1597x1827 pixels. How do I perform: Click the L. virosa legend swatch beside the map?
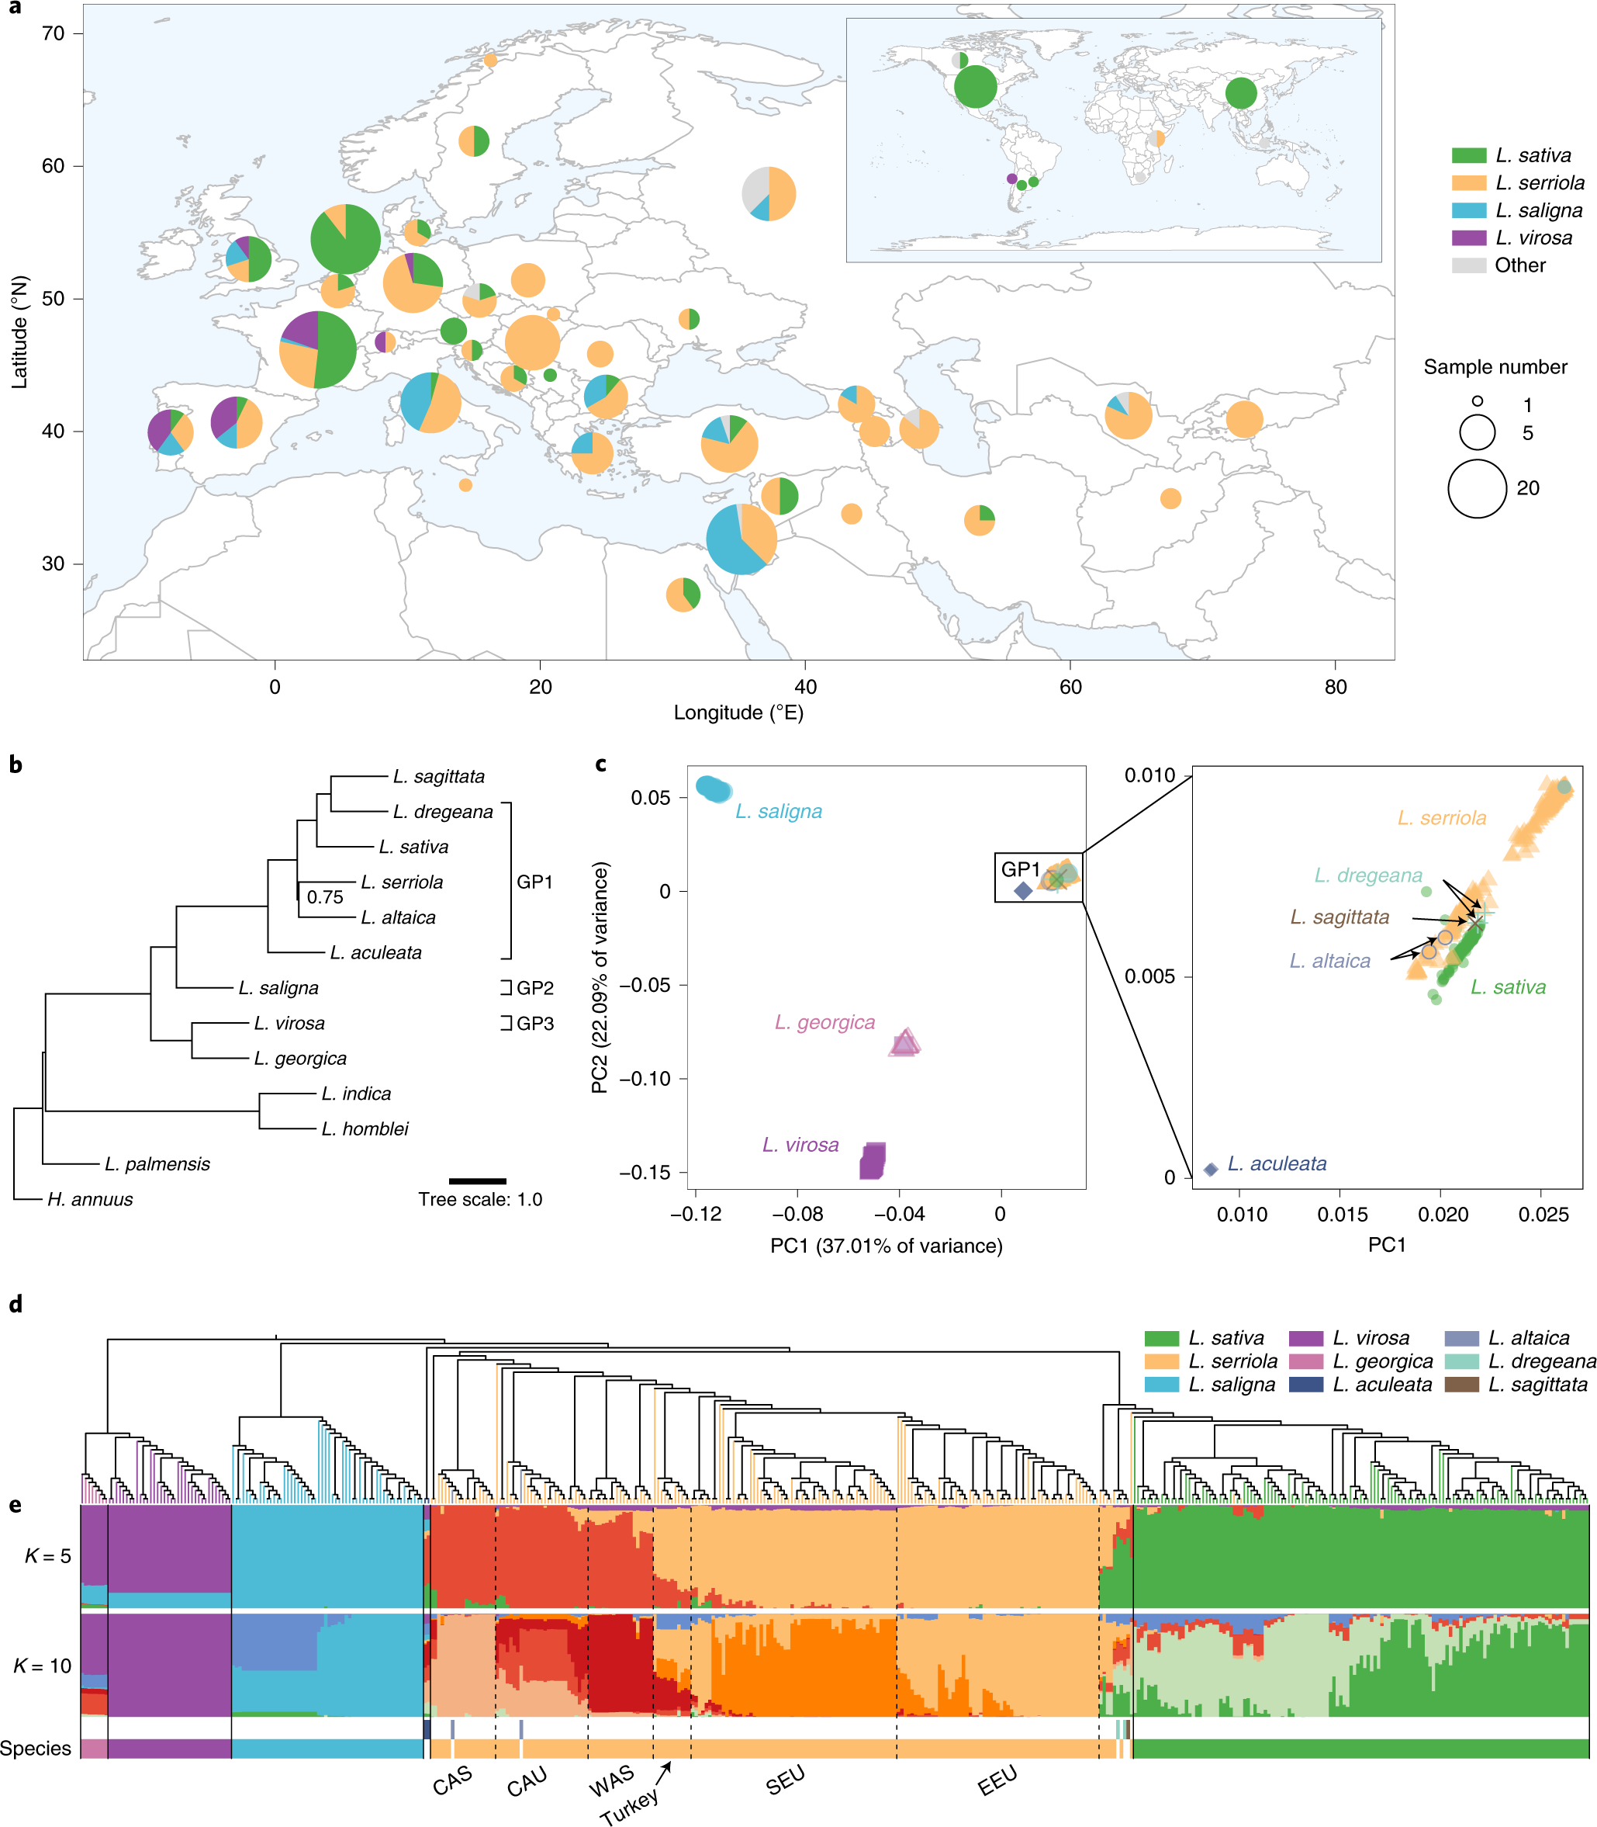(x=1469, y=238)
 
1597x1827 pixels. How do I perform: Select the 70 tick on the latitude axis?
(x=54, y=34)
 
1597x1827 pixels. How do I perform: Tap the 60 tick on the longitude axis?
(x=1070, y=687)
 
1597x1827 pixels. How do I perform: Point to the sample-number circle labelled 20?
(x=1477, y=489)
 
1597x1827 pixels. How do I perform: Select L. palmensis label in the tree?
(x=157, y=1163)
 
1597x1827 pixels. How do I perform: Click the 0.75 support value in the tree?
(x=325, y=897)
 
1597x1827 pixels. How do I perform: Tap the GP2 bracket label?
(x=534, y=988)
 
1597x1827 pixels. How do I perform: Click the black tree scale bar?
(x=478, y=1180)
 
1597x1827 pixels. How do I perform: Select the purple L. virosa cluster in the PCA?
(x=873, y=1160)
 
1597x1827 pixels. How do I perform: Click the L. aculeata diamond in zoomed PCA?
(x=1210, y=1169)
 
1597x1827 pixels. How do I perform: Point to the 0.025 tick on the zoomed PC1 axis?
(x=1543, y=1214)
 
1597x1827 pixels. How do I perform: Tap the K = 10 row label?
(x=42, y=1666)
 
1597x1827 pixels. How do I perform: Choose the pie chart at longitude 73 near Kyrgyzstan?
(x=1244, y=419)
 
